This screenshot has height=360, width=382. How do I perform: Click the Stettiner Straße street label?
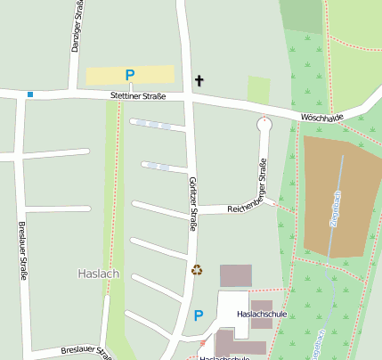[x=138, y=95]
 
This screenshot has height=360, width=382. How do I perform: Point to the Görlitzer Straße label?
[x=192, y=204]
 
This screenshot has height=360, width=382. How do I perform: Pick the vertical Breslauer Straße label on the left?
[x=21, y=250]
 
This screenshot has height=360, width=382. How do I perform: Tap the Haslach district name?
[x=98, y=274]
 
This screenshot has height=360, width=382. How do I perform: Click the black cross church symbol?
[x=199, y=81]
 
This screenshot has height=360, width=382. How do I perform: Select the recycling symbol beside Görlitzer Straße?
[x=196, y=269]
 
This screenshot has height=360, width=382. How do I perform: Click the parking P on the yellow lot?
[x=130, y=76]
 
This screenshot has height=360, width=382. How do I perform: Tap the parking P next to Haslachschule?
[x=199, y=315]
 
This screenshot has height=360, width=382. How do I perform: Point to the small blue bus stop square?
[x=30, y=94]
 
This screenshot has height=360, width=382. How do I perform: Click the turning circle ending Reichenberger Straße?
[x=264, y=125]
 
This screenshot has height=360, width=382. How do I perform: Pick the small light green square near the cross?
[x=258, y=89]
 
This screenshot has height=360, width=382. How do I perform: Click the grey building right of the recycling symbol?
[x=236, y=275]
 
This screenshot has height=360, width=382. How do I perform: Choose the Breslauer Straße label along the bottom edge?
[x=85, y=351]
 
